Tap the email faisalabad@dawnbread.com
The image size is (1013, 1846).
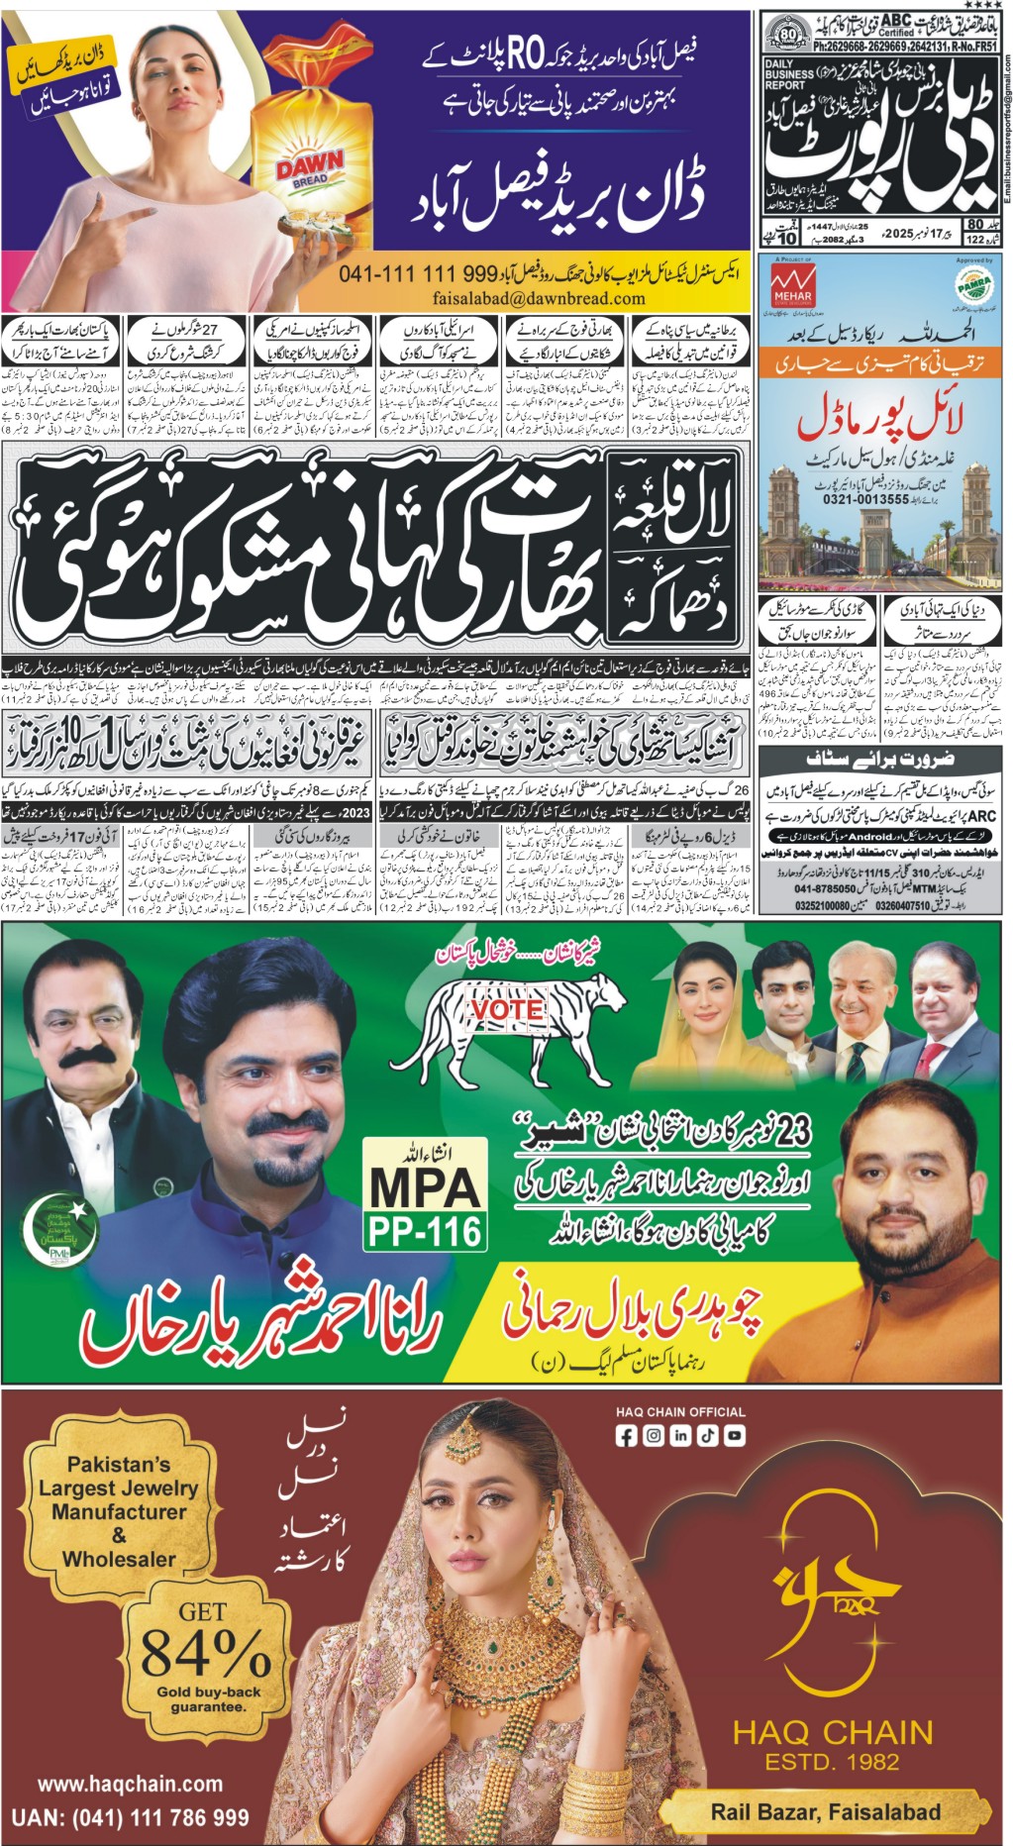click(539, 298)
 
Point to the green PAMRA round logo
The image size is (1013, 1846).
click(972, 285)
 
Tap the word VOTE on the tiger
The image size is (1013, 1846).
click(507, 1009)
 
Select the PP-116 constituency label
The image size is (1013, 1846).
click(425, 1231)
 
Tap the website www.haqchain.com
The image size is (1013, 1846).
click(130, 1784)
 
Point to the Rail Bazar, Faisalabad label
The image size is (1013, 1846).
click(826, 1812)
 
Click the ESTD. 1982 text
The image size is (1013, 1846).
click(832, 1762)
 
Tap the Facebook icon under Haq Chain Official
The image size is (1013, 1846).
click(626, 1436)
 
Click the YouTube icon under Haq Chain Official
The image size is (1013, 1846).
click(735, 1436)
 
